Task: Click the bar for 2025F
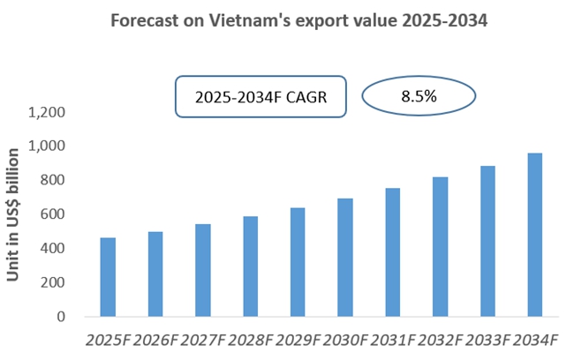coord(108,277)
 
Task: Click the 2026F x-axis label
coord(155,340)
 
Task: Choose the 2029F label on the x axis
coord(298,340)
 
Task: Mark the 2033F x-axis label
coord(487,340)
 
